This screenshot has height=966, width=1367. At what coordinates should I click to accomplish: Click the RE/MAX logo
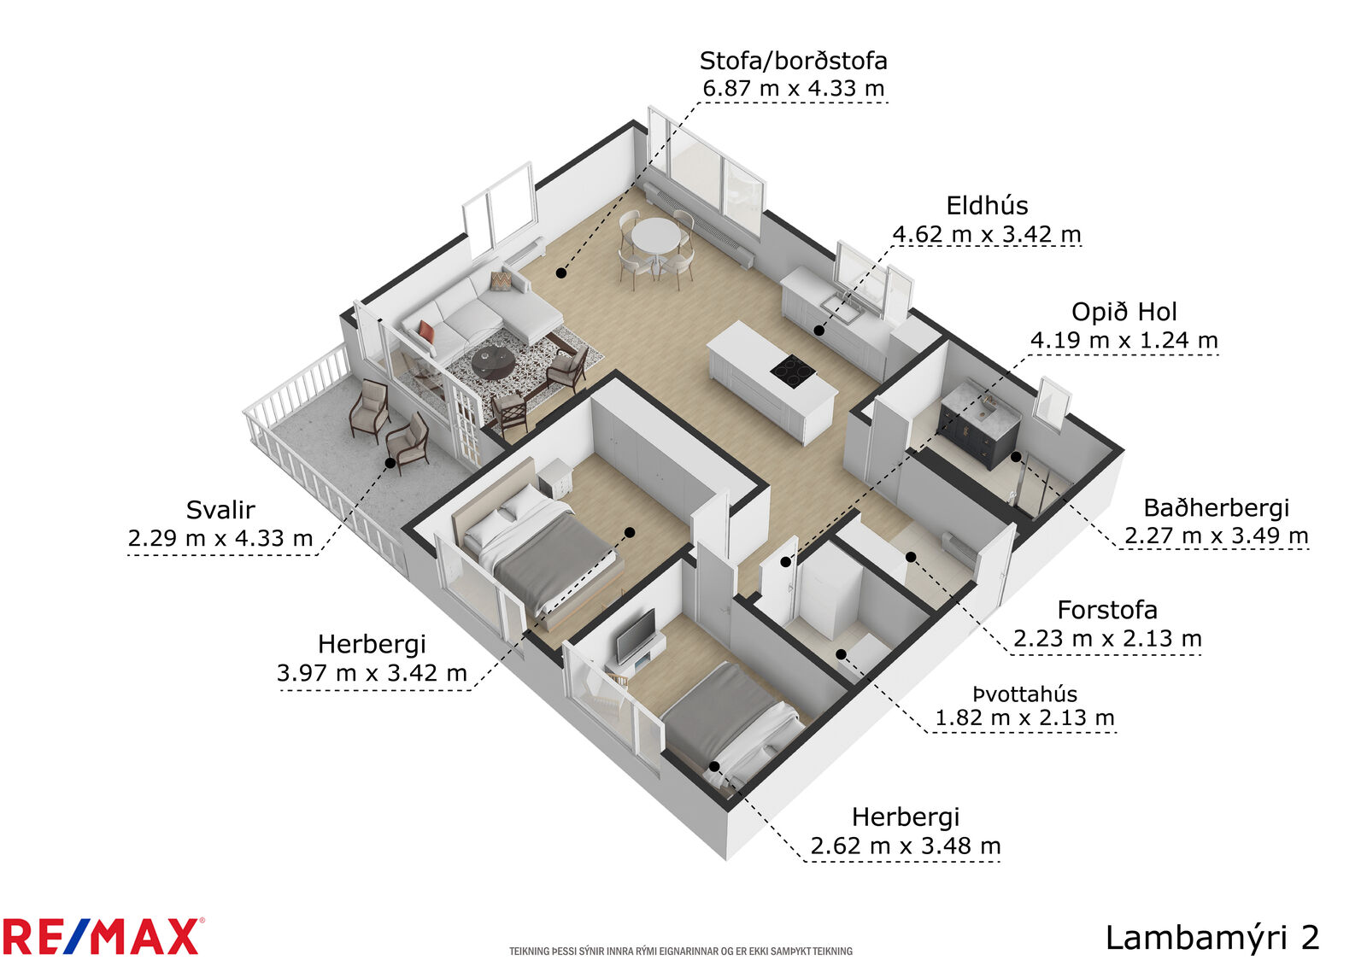tap(103, 936)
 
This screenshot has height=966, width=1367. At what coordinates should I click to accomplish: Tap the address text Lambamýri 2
tap(1212, 938)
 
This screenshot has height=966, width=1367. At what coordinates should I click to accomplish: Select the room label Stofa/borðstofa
tap(794, 61)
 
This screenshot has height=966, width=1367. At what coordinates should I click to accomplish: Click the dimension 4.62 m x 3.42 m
tap(987, 234)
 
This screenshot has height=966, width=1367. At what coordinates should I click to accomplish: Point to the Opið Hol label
tap(1124, 312)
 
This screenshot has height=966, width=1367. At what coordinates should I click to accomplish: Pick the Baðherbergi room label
tap(1217, 507)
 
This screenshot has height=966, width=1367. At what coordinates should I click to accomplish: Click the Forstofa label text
tap(1107, 610)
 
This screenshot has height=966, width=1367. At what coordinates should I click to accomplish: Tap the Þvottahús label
tap(1024, 694)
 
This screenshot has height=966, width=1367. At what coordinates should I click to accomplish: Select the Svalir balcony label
tap(220, 510)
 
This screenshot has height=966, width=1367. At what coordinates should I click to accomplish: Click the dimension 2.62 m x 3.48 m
tap(906, 846)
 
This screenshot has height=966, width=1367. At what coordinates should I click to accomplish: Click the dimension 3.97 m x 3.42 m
tap(372, 672)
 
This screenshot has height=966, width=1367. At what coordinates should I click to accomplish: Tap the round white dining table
tap(654, 235)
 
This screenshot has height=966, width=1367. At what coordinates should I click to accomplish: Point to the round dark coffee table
tap(493, 362)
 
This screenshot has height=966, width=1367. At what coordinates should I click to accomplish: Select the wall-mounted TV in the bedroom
tap(636, 636)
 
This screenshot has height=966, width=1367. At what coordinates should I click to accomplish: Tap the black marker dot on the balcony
tap(390, 463)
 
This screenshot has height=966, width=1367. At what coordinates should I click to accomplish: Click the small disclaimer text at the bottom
tap(681, 951)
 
